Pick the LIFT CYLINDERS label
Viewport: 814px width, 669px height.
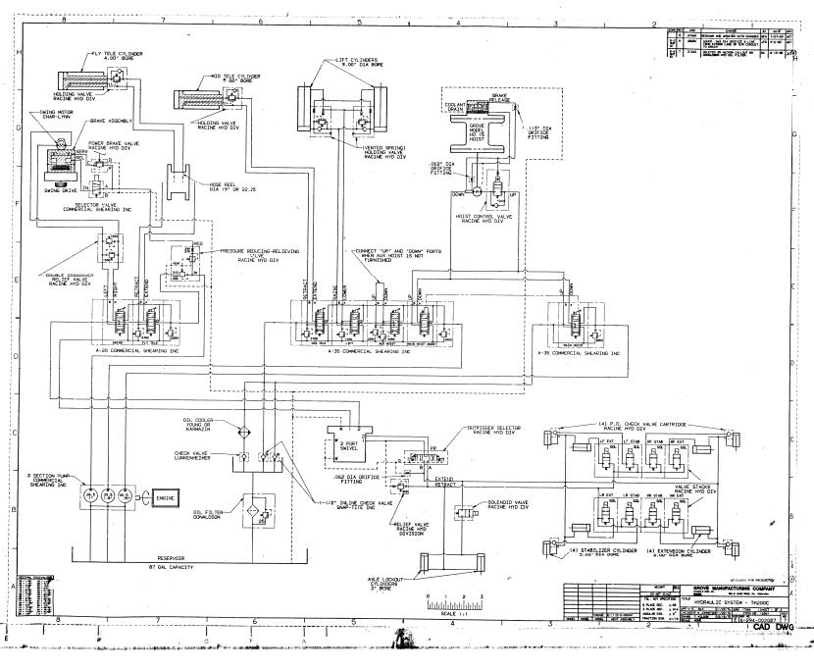tap(358, 64)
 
